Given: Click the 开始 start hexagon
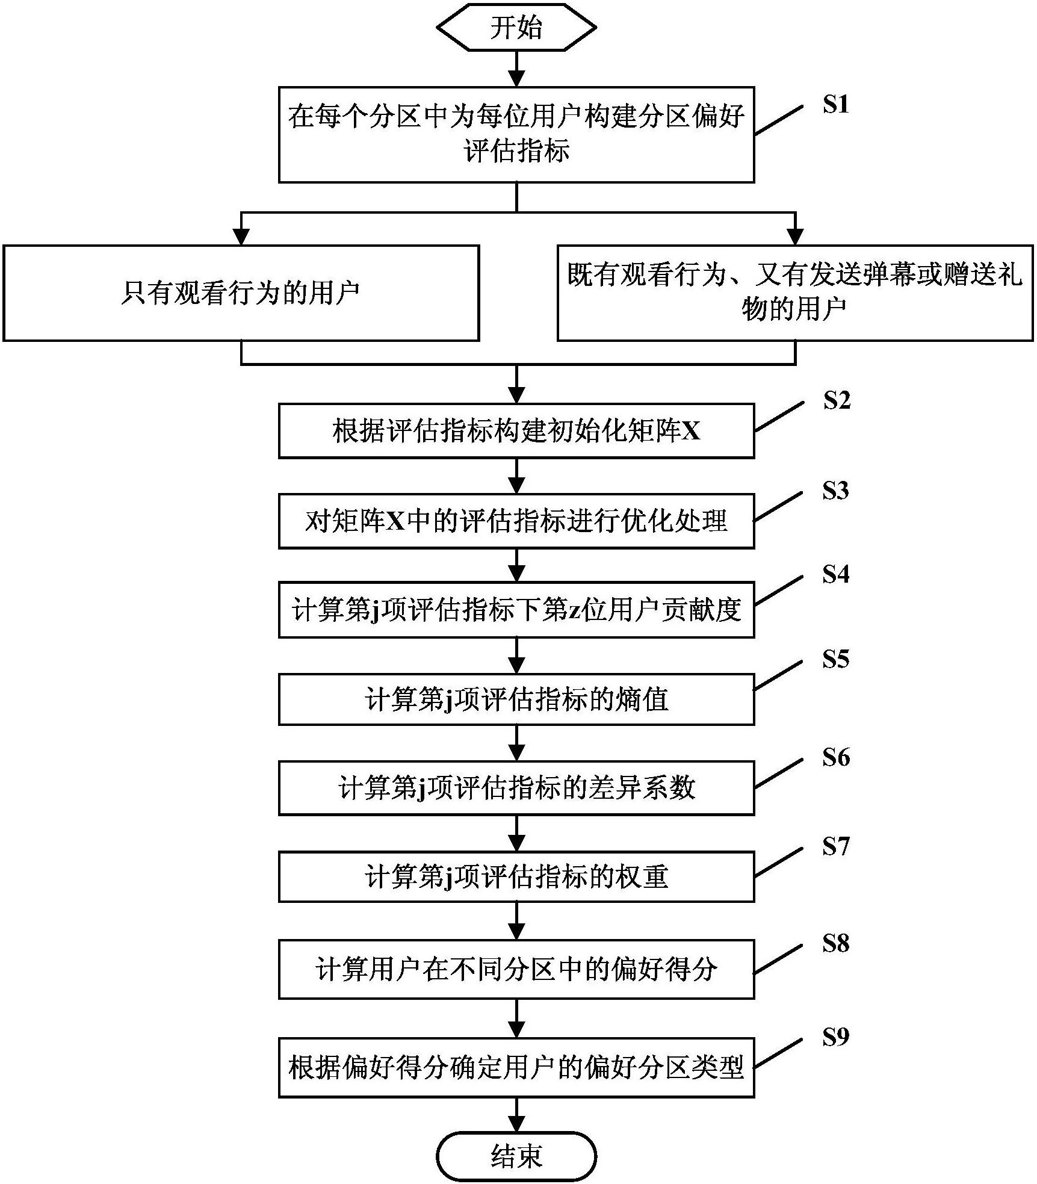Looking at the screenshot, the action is [516, 28].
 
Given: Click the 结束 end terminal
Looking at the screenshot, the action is [516, 1156].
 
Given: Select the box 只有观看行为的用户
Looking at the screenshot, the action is [241, 293].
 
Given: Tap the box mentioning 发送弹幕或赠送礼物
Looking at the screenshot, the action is [795, 293].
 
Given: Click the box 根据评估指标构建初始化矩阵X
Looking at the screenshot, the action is [516, 431].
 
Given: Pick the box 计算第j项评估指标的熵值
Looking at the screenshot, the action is [516, 699].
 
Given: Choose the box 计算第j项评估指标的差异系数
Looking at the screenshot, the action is [516, 788].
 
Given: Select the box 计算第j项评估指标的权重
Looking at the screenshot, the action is [516, 876].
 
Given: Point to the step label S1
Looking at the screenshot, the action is [836, 105].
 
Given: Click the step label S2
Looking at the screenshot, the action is [837, 400].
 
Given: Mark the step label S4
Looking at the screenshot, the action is [836, 574].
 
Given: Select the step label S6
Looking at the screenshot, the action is [836, 757].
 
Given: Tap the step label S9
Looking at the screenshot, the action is [836, 1037].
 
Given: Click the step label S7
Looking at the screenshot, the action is [836, 846].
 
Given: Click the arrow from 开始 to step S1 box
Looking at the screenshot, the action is [516, 69].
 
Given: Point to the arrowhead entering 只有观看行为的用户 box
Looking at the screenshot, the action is [241, 237].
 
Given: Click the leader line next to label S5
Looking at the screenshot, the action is [779, 675].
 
